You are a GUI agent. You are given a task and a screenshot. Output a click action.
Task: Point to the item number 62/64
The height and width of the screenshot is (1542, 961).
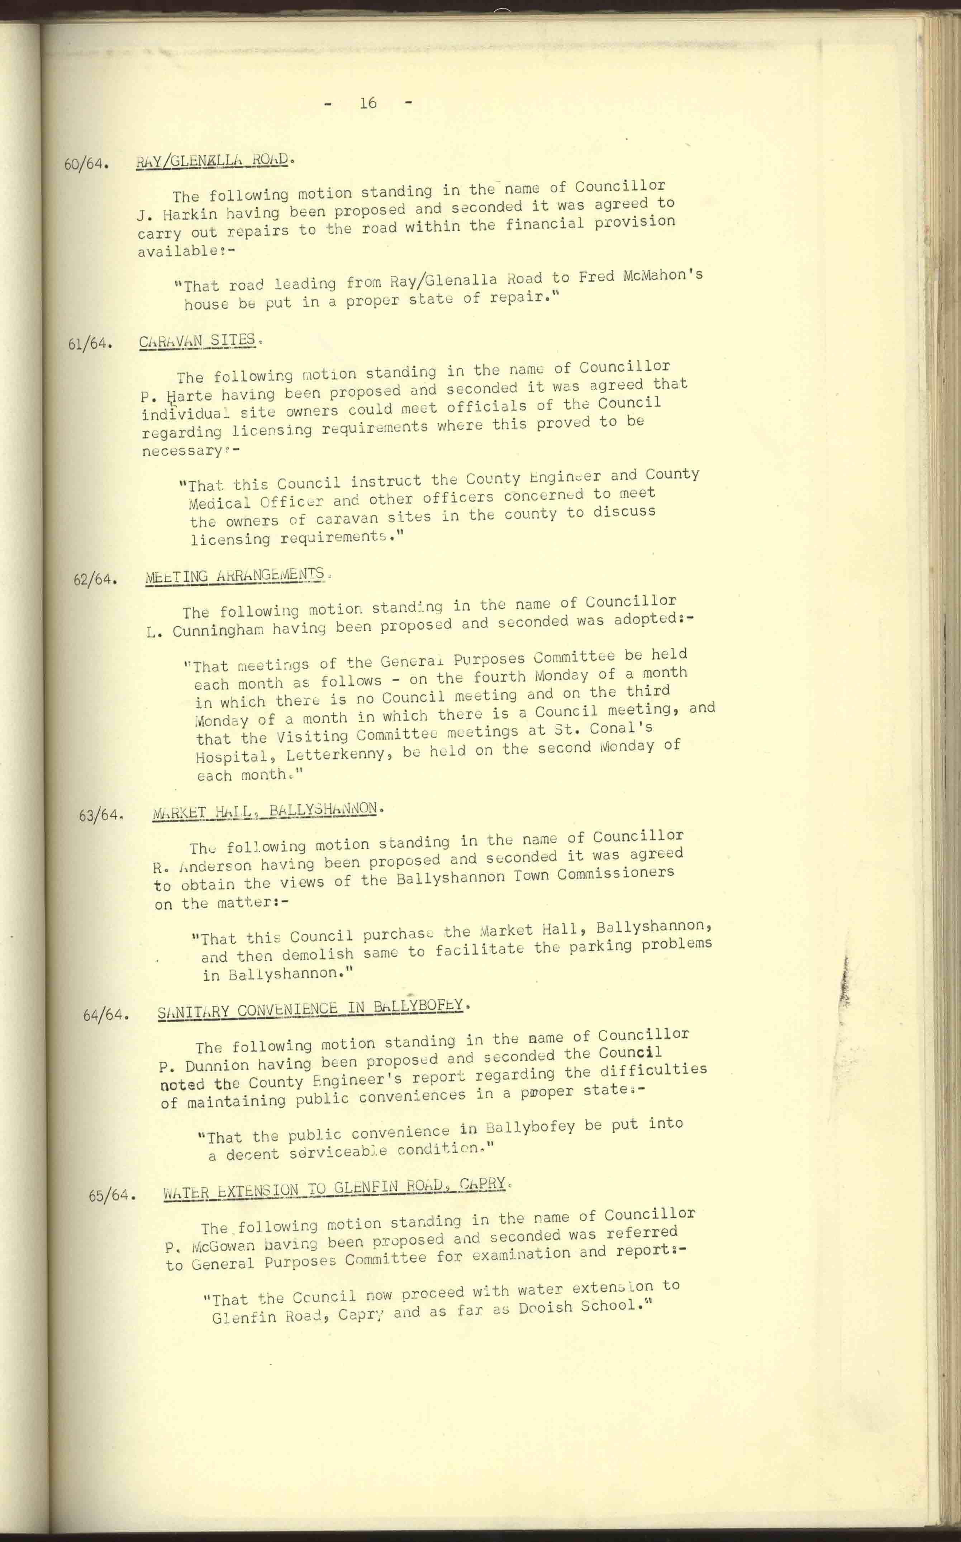pos(95,580)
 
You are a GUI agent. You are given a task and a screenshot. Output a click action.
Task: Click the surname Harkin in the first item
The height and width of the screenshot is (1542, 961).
pos(190,214)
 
